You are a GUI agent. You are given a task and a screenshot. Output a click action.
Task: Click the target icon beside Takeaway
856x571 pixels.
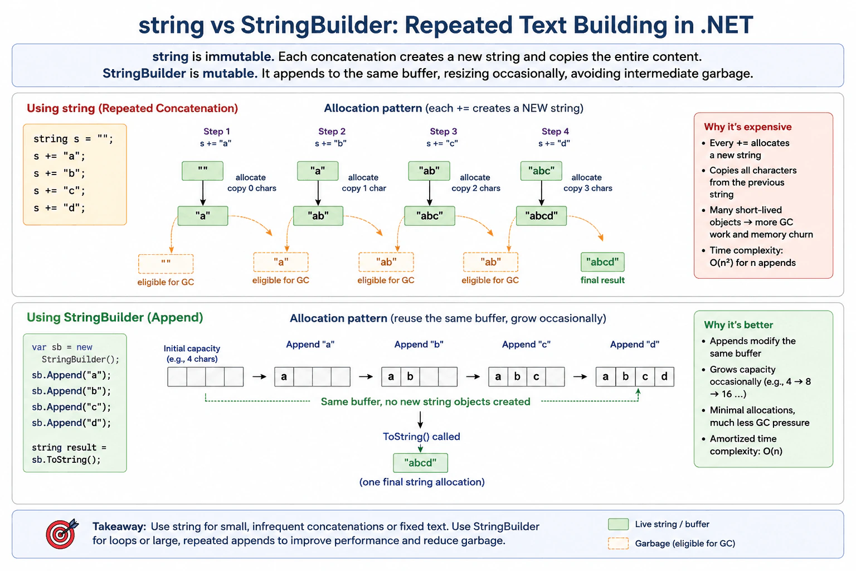pos(62,534)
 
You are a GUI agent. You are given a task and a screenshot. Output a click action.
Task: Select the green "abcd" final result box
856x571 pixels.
pos(602,262)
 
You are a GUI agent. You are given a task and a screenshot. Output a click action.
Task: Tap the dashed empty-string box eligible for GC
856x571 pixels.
pos(166,264)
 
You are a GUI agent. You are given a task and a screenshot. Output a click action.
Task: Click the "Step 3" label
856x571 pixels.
pos(443,131)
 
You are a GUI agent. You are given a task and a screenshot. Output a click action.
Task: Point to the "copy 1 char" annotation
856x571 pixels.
pos(364,188)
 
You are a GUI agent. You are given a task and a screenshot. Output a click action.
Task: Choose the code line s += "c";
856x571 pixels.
pos(59,191)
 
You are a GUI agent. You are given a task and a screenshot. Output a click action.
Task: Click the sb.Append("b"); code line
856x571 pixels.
pos(71,391)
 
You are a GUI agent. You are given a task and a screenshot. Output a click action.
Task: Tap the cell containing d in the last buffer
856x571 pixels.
pos(664,377)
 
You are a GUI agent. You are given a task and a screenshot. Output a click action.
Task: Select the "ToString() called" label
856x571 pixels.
pos(421,437)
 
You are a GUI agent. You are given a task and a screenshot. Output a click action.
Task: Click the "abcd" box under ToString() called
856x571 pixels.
pos(420,463)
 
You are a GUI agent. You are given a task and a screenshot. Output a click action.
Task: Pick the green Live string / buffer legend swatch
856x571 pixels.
pos(618,524)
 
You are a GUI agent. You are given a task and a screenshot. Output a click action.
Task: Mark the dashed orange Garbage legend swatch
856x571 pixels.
pos(618,544)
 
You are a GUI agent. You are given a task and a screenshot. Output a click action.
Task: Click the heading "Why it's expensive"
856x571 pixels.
pos(748,127)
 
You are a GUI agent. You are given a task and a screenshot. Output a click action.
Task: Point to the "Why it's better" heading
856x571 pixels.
pos(738,325)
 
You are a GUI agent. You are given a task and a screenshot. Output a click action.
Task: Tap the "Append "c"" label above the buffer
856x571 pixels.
pos(526,344)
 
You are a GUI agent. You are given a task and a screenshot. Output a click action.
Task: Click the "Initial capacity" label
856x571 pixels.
pos(192,349)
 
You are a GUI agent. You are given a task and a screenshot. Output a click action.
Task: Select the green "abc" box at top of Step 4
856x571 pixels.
pos(541,171)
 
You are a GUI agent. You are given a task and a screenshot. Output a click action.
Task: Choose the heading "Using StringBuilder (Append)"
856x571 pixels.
pos(115,317)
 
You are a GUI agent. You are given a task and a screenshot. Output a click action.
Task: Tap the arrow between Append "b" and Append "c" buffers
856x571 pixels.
pos(473,377)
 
